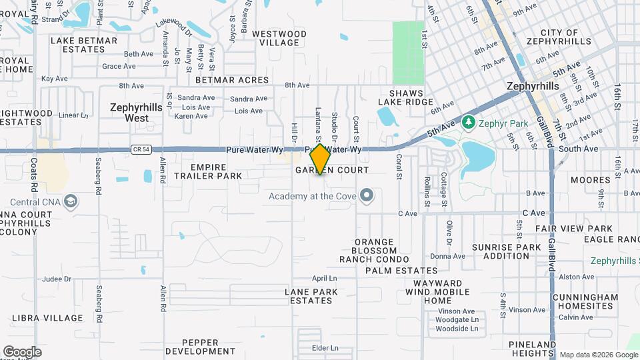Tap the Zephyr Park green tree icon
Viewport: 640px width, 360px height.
coord(468,122)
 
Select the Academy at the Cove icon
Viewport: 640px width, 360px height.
coord(366,195)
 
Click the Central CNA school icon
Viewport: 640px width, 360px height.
coord(71,201)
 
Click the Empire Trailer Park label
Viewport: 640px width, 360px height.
coord(207,171)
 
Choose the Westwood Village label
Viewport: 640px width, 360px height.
coord(279,38)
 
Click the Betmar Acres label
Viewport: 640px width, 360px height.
coord(240,80)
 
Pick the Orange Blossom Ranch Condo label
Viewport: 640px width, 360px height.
coord(374,250)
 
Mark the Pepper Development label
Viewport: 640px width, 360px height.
coord(200,346)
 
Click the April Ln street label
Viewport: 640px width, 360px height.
coord(325,278)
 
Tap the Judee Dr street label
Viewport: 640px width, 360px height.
coord(57,279)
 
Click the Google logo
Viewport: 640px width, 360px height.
coord(22,351)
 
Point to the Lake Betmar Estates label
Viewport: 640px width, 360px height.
coord(84,45)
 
